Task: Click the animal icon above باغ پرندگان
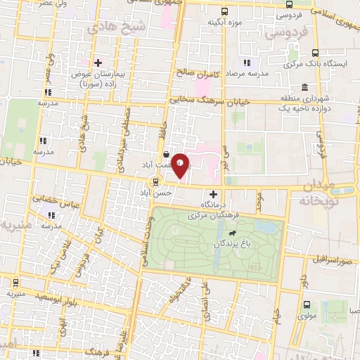[231, 231]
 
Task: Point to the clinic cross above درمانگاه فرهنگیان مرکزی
[214, 192]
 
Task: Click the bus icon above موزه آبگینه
[224, 12]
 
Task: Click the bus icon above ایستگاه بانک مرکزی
[314, 52]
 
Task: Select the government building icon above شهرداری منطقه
[304, 88]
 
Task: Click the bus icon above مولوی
[306, 305]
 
